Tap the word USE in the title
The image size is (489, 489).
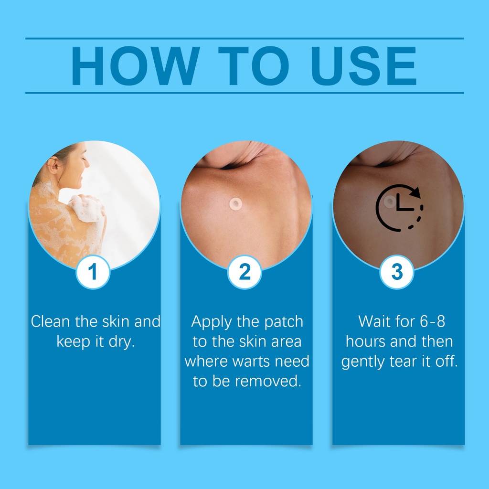[x=364, y=66]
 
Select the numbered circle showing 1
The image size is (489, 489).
[x=93, y=272]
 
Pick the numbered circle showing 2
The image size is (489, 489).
[x=245, y=272]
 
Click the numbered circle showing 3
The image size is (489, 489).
[x=397, y=272]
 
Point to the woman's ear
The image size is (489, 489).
[x=53, y=163]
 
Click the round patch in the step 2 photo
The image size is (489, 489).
[x=236, y=204]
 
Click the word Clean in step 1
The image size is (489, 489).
[x=50, y=321]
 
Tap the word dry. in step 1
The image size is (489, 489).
[x=122, y=342]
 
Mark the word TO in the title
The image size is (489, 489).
[x=254, y=66]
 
